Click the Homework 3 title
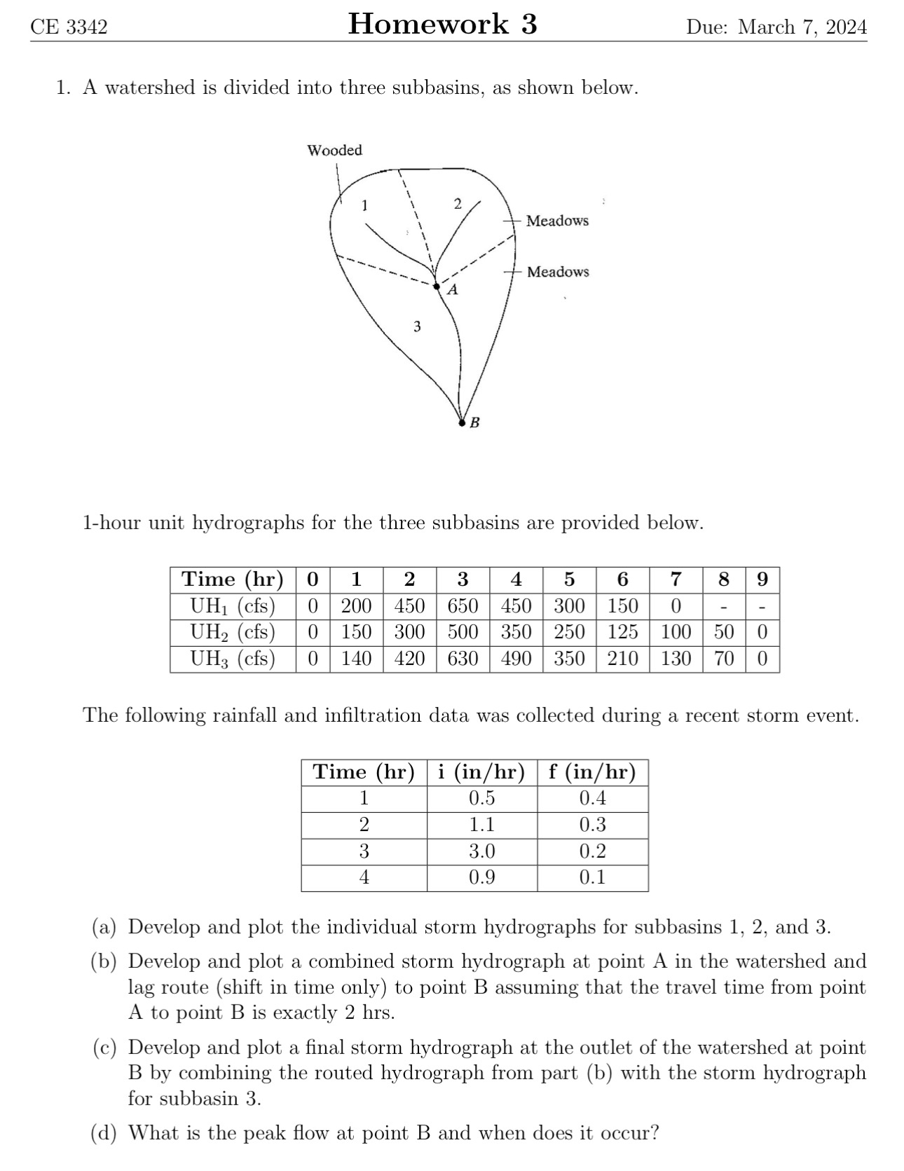coord(442,25)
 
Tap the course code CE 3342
coord(69,27)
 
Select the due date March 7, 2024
coord(776,27)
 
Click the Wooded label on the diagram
coord(335,150)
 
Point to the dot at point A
coord(437,286)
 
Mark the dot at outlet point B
coord(461,423)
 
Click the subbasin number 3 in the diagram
coord(417,327)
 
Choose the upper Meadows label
coord(557,221)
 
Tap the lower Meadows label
coord(558,272)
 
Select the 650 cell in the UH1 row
coord(463,605)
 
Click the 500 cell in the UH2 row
coord(463,632)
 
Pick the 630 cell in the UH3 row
coord(463,659)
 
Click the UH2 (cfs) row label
coord(233,632)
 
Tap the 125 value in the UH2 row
coord(622,632)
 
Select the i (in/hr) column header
coord(481,772)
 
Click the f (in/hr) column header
coord(592,772)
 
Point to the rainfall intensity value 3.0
coord(481,851)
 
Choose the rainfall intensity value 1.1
coord(481,825)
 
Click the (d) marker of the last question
coord(104,1132)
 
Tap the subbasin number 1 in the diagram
coord(364,205)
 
